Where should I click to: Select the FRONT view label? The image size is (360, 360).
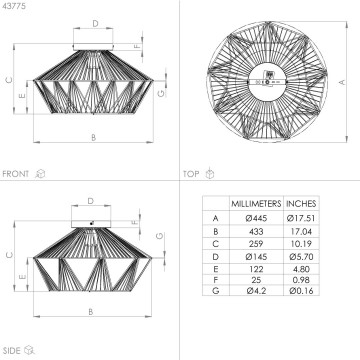[17, 173]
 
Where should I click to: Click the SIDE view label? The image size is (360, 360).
[13, 350]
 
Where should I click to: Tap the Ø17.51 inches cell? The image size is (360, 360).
[300, 217]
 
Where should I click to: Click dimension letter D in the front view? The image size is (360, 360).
[95, 21]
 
